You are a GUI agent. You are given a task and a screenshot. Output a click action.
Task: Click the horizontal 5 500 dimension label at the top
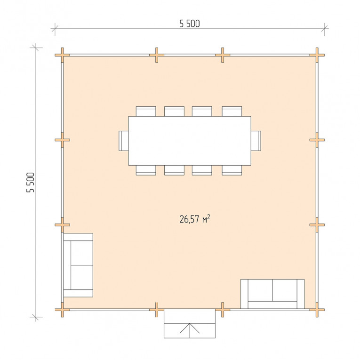click(x=190, y=24)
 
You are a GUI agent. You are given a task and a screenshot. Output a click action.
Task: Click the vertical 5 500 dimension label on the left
click(x=30, y=182)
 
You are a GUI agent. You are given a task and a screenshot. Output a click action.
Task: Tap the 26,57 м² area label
click(x=195, y=219)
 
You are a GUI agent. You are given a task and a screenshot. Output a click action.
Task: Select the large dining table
click(x=190, y=141)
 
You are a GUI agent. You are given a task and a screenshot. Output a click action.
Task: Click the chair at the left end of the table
click(x=123, y=141)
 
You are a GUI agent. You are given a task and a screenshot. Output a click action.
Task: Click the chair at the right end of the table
click(x=256, y=141)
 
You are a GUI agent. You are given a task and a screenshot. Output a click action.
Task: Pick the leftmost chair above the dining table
click(x=146, y=112)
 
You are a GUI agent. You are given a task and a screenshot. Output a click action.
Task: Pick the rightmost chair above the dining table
click(x=232, y=112)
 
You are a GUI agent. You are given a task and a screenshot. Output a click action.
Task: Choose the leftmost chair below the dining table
click(x=146, y=170)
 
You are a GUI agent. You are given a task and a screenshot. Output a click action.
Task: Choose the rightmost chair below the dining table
click(x=232, y=170)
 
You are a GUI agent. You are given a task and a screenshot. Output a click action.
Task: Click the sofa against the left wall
click(x=78, y=265)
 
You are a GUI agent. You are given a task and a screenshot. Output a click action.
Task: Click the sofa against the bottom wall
click(x=272, y=294)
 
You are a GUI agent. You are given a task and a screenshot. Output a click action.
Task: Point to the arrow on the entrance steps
click(x=190, y=328)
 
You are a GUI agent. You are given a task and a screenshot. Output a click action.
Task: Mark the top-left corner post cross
click(x=62, y=55)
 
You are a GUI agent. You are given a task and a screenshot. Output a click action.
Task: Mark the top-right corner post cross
click(x=317, y=55)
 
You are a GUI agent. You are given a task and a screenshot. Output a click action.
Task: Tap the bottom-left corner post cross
click(x=62, y=310)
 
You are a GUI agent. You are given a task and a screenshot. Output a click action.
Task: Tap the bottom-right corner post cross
click(x=317, y=310)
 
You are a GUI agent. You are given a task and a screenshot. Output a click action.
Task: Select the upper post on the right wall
click(x=317, y=140)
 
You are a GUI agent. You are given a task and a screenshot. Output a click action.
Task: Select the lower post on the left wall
click(x=62, y=225)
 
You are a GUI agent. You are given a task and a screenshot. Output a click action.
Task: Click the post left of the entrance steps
click(x=157, y=310)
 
